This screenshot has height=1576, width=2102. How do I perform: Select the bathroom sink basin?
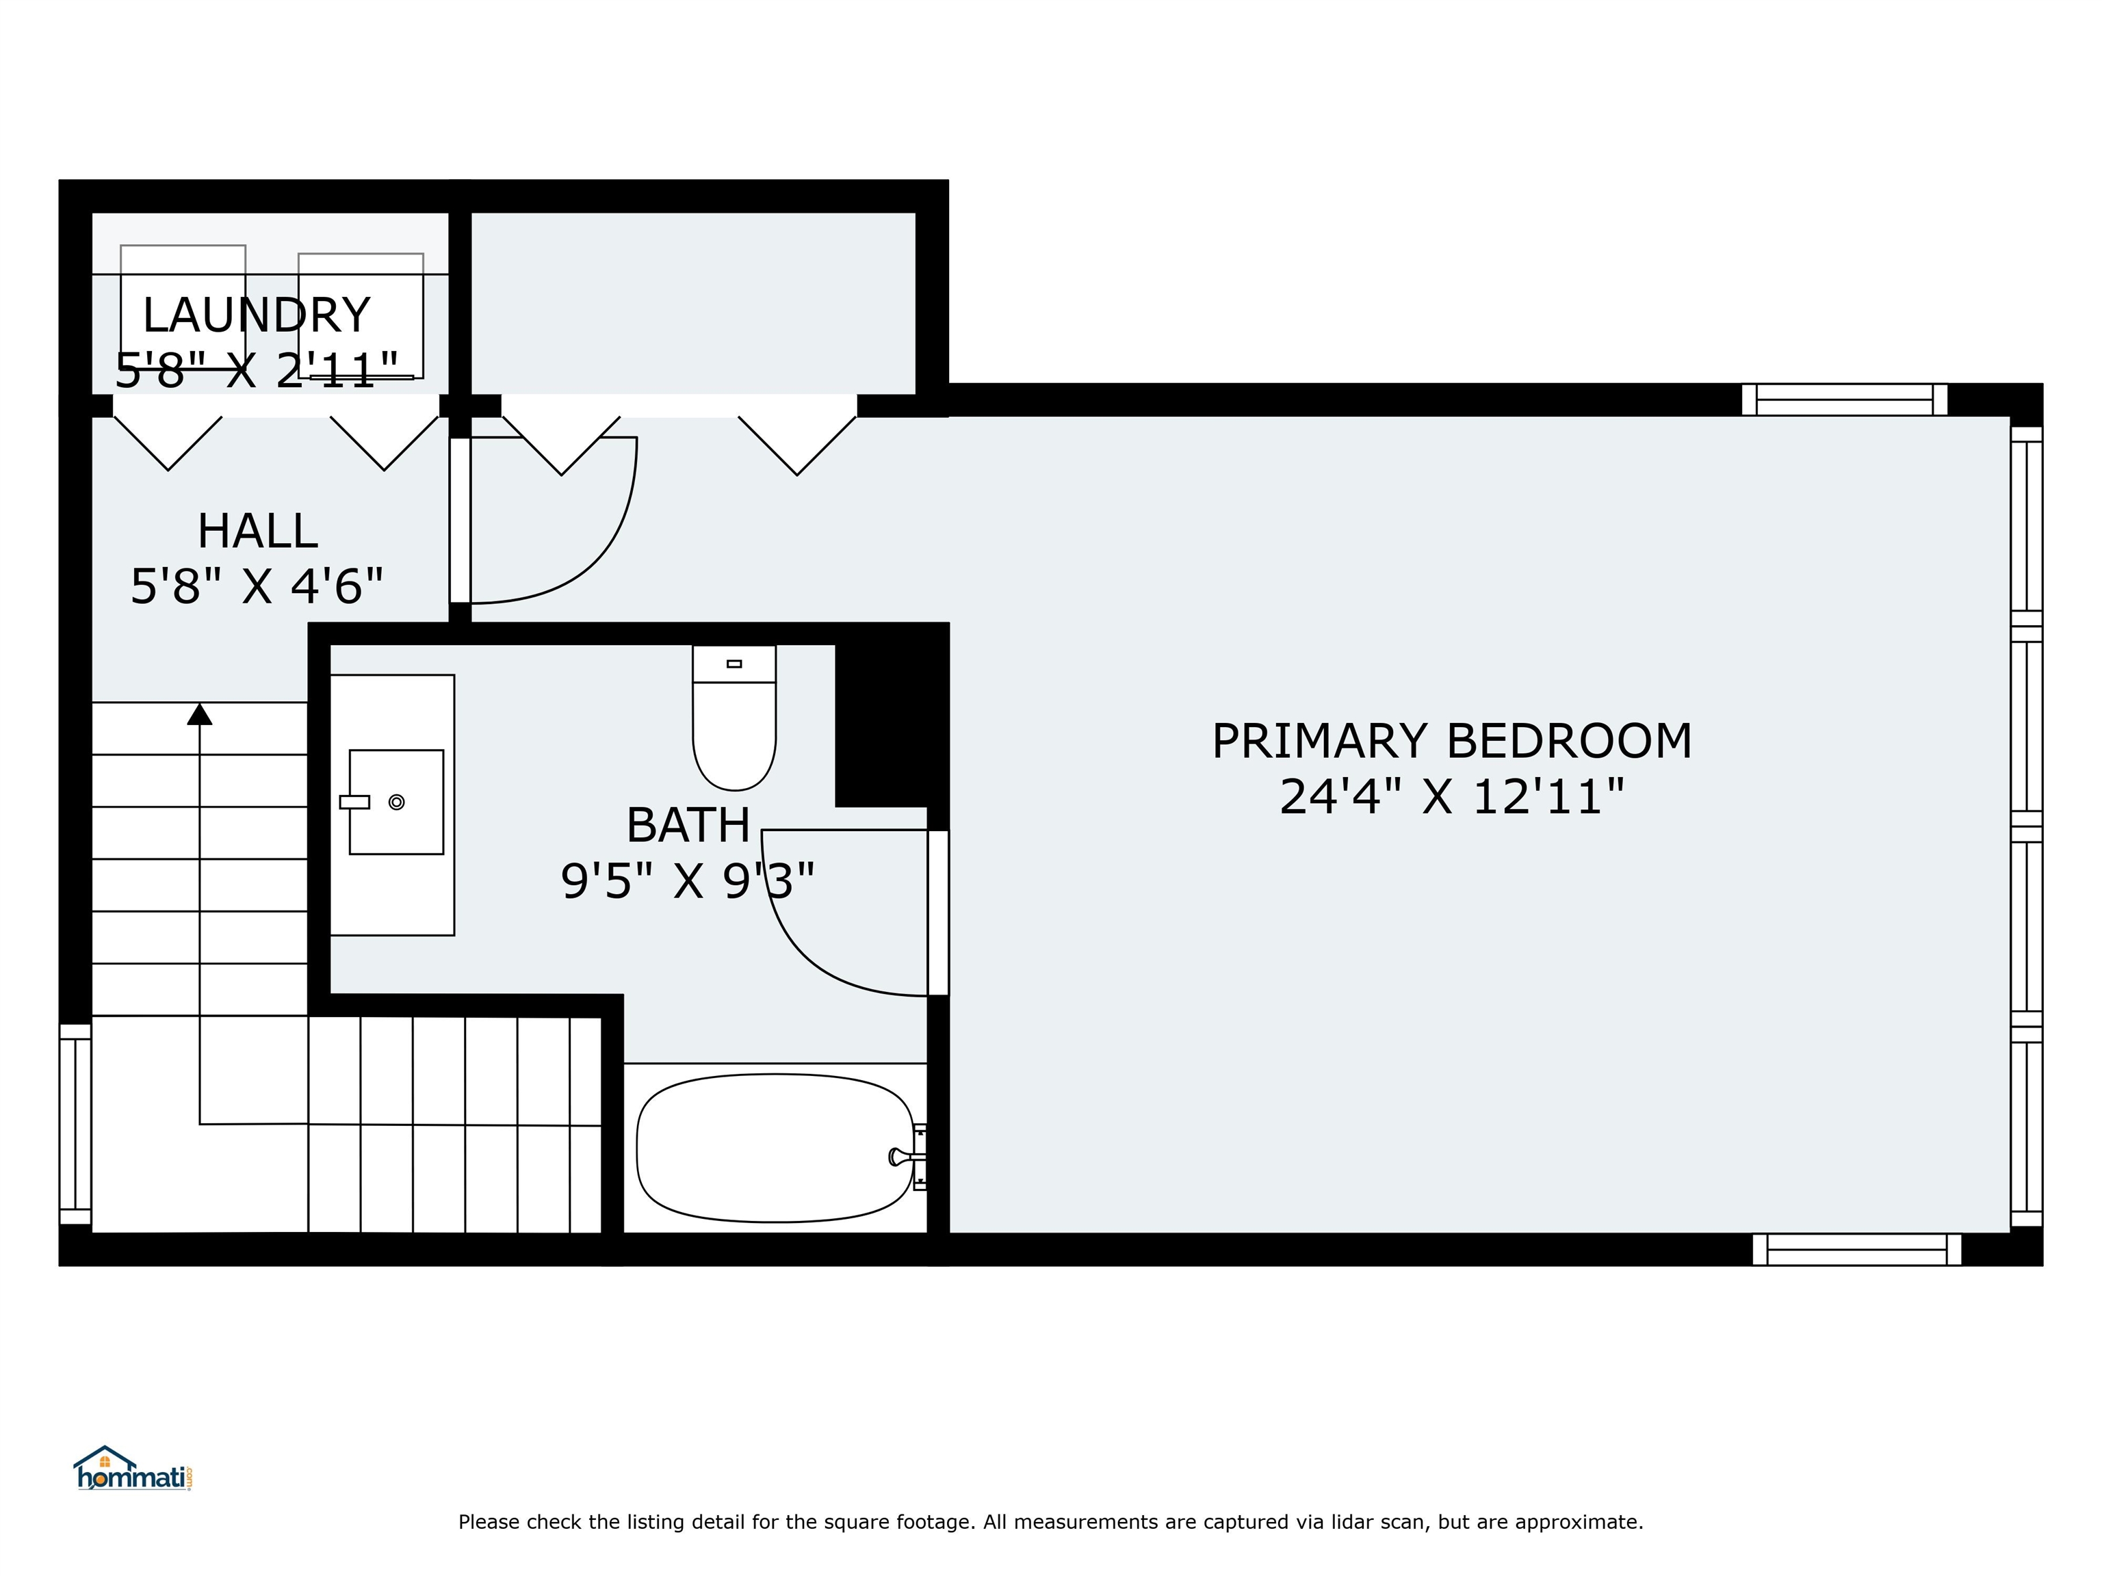(396, 802)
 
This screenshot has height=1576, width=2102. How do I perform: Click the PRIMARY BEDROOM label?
(1452, 741)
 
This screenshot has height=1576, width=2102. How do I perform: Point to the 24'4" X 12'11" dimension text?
(1452, 796)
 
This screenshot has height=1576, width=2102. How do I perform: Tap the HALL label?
(257, 531)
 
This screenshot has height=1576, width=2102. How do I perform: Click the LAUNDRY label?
(256, 315)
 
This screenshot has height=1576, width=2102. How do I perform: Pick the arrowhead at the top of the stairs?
(200, 713)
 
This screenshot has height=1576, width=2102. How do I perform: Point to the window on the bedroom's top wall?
(1845, 400)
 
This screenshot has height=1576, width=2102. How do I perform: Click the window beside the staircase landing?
(75, 1124)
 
